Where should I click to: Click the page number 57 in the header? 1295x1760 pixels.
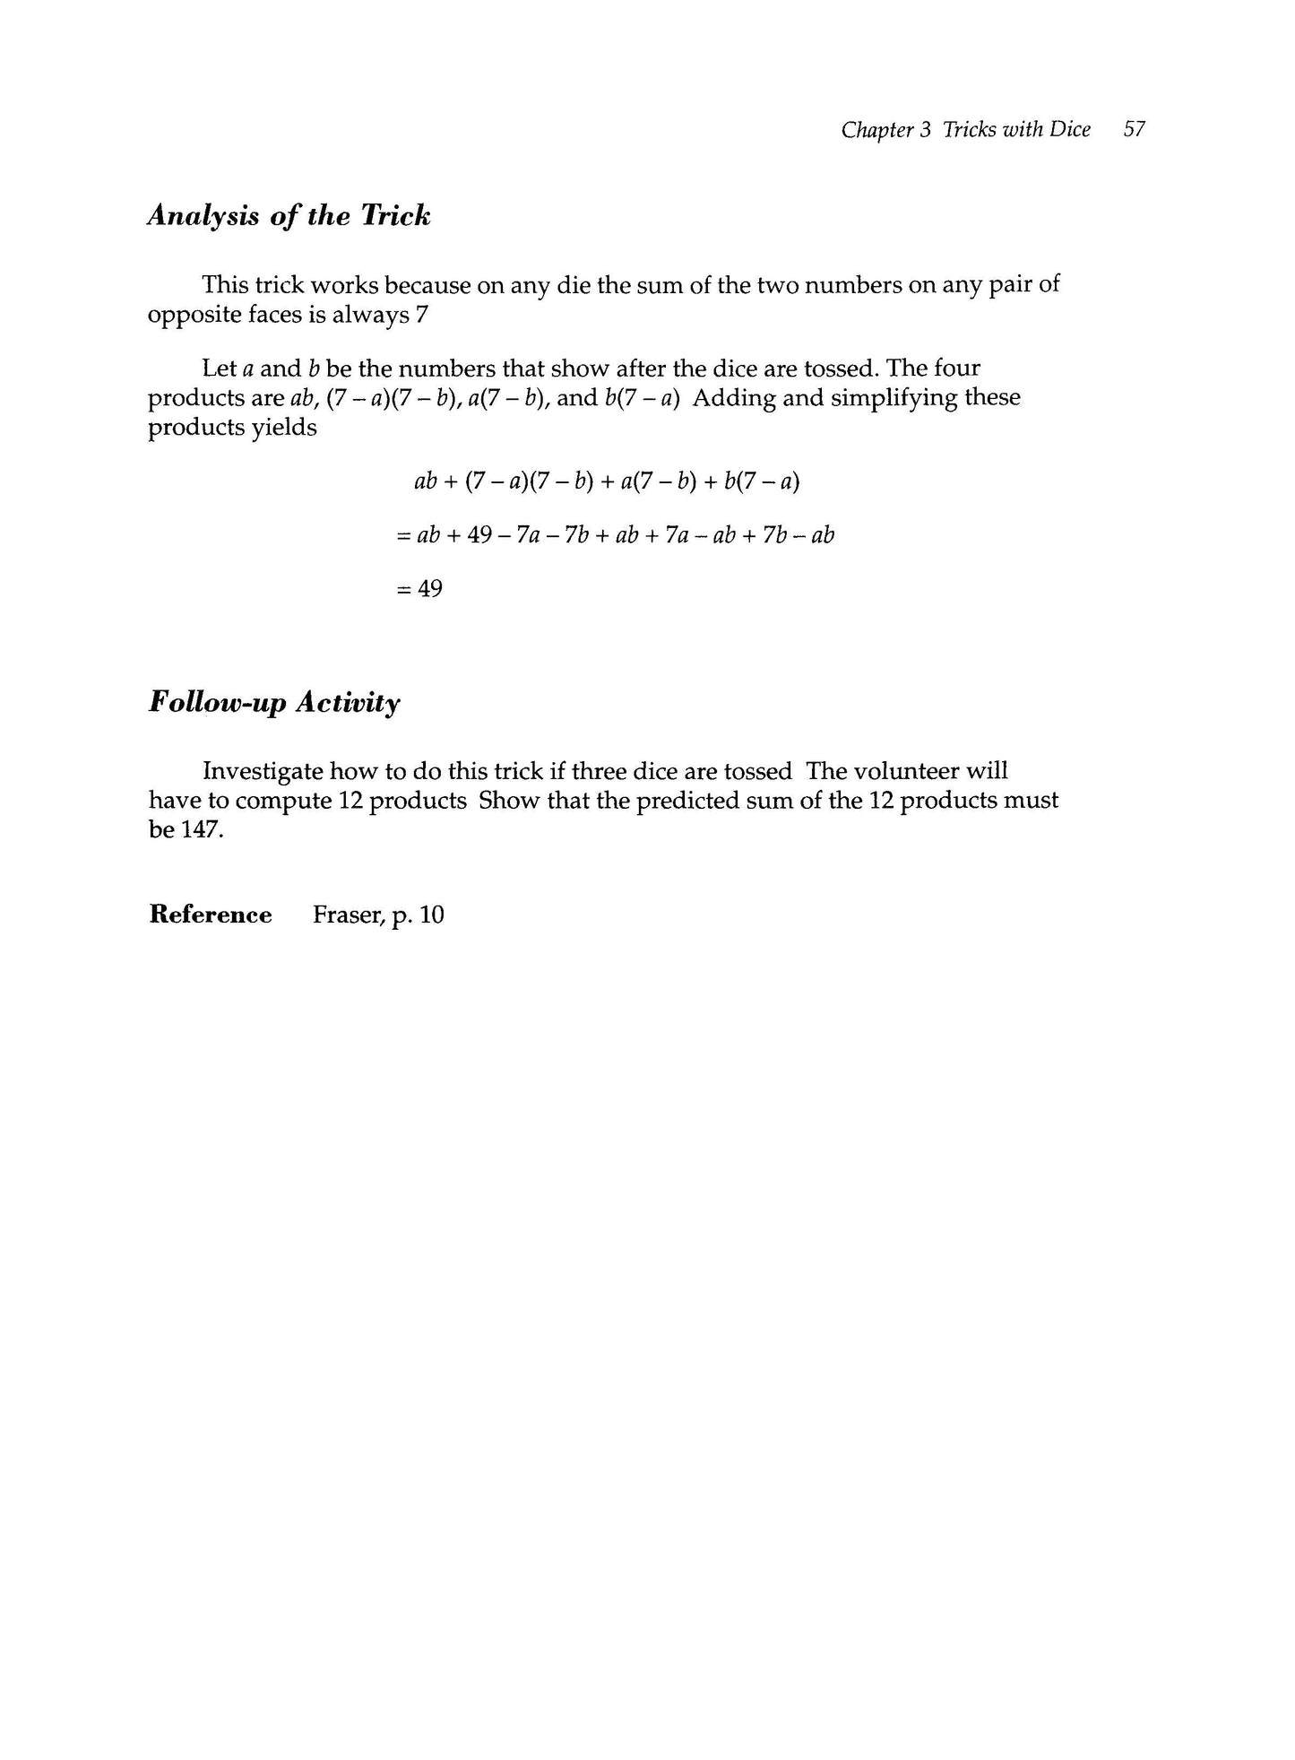pyautogui.click(x=1134, y=130)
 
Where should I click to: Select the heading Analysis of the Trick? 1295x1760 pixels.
pyautogui.click(x=289, y=216)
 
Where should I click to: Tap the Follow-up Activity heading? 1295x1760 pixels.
pyautogui.click(x=274, y=703)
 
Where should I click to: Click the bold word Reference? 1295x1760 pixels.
pyautogui.click(x=211, y=915)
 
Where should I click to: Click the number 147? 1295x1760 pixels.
pyautogui.click(x=198, y=829)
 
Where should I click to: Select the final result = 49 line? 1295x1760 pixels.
pyautogui.click(x=419, y=589)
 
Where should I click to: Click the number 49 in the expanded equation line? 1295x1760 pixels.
pyautogui.click(x=480, y=536)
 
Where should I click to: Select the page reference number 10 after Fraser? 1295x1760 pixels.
pyautogui.click(x=432, y=915)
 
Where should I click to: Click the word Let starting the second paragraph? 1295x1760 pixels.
pyautogui.click(x=220, y=368)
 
